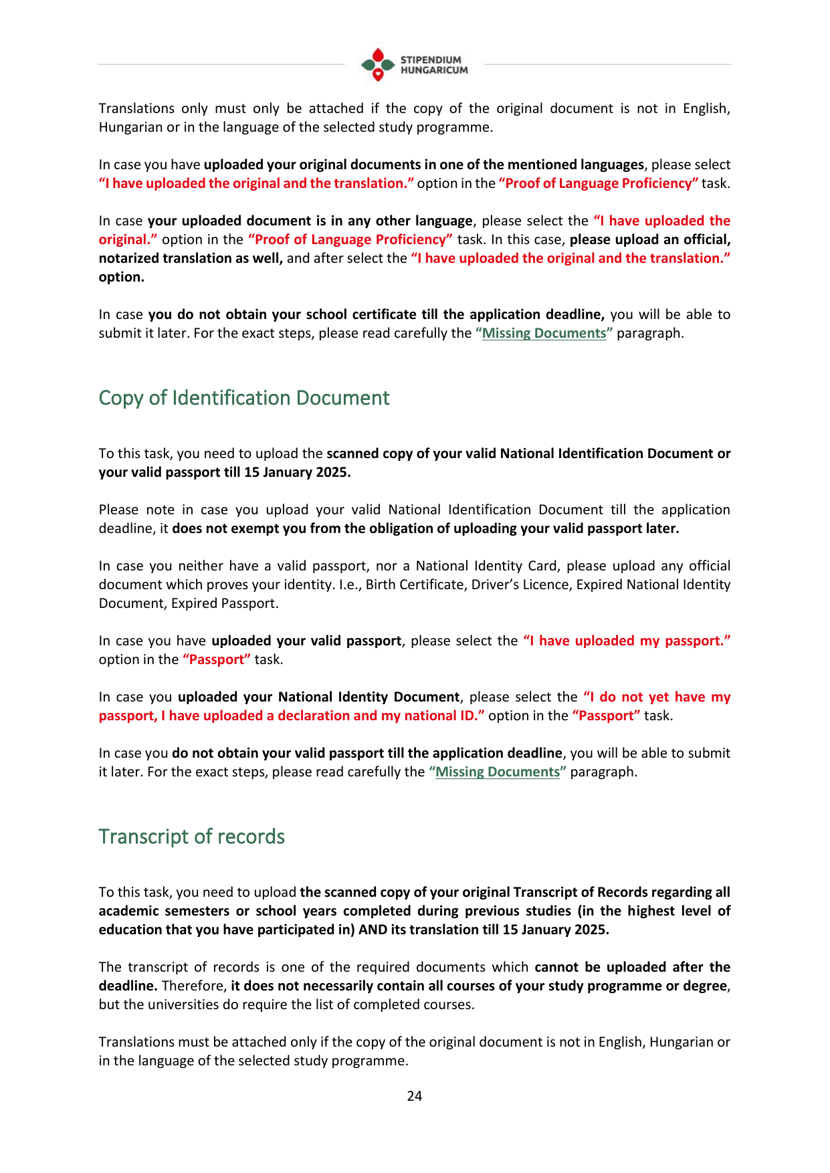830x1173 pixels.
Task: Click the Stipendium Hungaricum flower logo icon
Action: [378, 64]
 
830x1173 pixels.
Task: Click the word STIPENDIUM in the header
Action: [431, 60]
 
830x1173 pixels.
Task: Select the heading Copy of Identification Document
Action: [244, 398]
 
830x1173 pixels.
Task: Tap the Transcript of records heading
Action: [191, 837]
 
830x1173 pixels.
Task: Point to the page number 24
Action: [415, 1095]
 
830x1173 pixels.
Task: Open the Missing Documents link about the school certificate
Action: [544, 333]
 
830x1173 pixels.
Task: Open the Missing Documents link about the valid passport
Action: [497, 772]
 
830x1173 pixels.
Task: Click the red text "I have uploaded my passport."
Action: [627, 641]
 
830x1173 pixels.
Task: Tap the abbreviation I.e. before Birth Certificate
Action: [349, 584]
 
